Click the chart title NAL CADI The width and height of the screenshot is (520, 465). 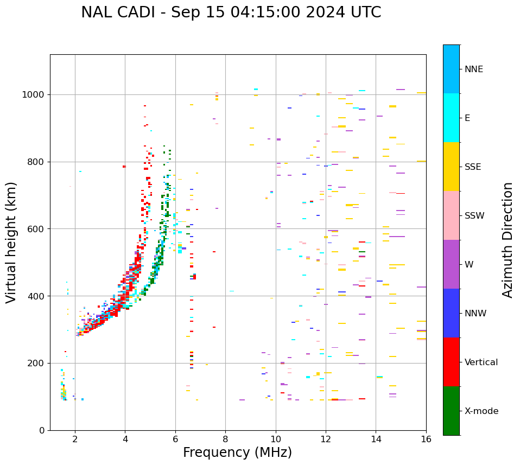coord(231,12)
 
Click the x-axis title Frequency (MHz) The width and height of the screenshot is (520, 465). coord(237,453)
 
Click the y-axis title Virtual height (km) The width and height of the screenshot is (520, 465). coord(11,243)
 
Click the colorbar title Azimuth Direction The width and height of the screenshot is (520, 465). coord(508,240)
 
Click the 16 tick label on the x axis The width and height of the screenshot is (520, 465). coord(426,439)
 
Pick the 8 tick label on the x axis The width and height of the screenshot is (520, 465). coord(225,439)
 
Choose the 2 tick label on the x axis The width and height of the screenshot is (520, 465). coord(75,439)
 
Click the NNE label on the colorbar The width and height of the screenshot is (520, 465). coord(474,69)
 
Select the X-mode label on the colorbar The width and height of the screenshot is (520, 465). coord(481,411)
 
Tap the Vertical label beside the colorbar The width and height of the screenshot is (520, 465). coord(481,362)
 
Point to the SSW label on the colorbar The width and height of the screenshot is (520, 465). coord(474,216)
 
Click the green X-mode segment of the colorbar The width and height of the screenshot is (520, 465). coord(451,411)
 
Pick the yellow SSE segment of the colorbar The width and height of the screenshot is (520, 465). coord(451,167)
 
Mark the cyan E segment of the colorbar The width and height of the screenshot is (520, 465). coord(451,118)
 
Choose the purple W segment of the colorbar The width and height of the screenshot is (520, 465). coord(451,264)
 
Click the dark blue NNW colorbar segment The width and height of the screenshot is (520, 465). coord(451,313)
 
